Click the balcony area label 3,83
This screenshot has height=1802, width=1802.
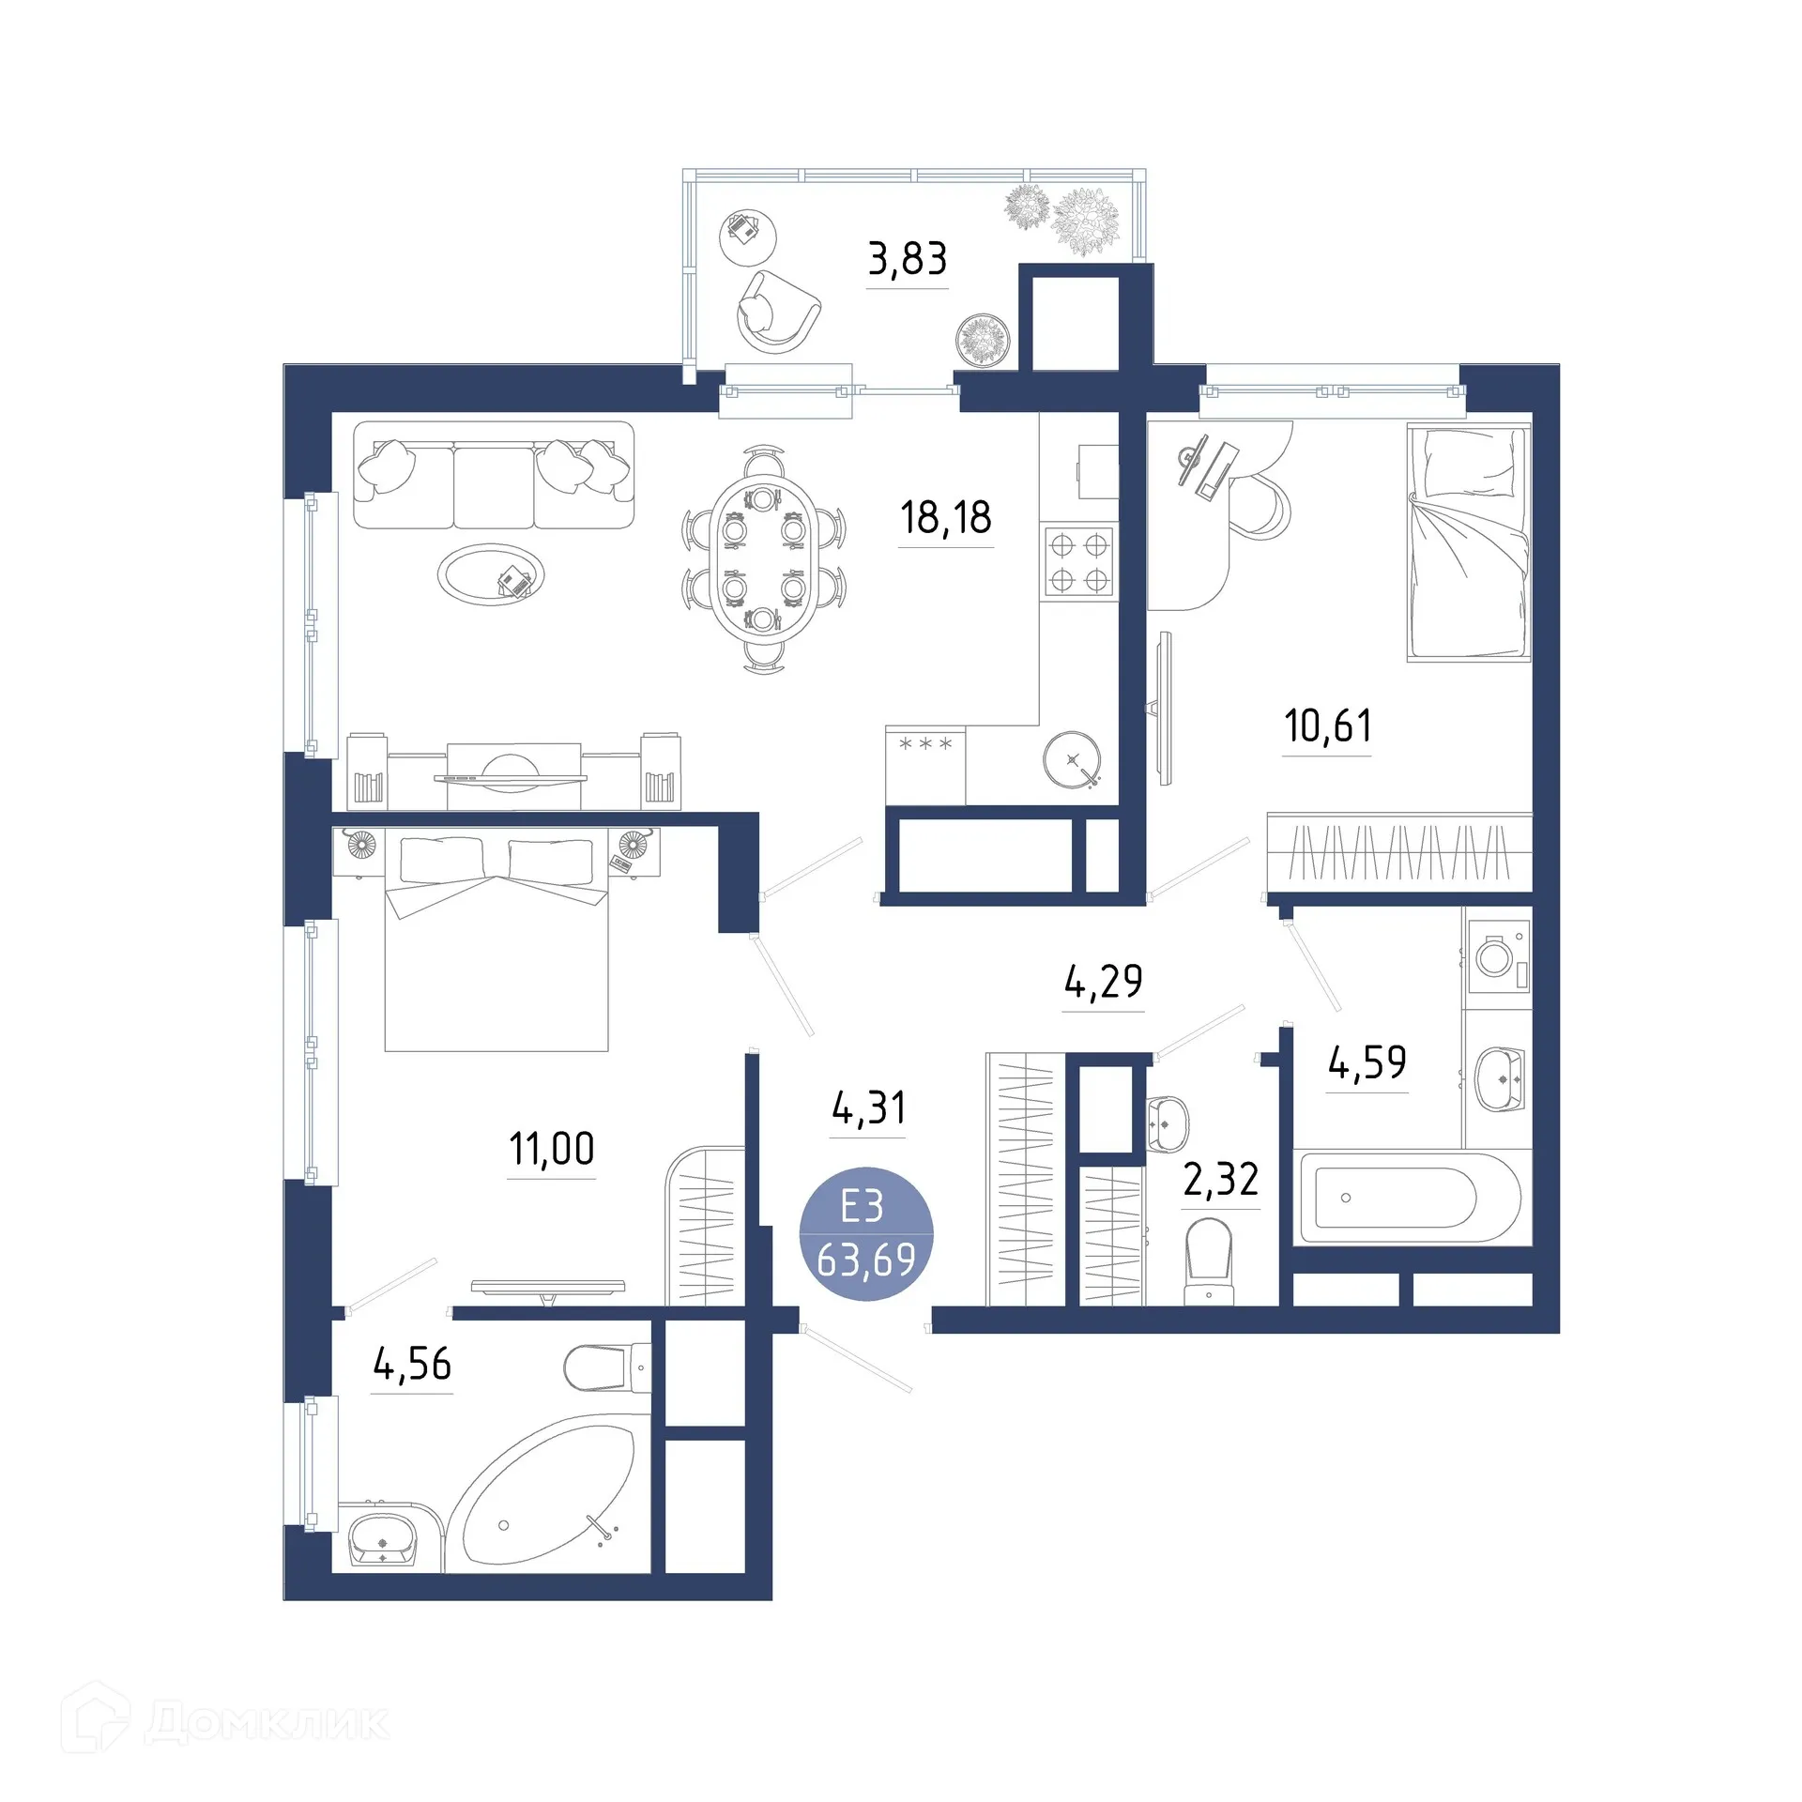pos(907,258)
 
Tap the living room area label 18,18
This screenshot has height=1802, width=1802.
pos(945,517)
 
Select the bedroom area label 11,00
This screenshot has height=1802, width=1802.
pos(551,1148)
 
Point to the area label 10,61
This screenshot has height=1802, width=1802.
pos(1327,725)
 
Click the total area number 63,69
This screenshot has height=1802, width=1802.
pos(865,1260)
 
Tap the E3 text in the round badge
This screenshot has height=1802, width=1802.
pos(862,1207)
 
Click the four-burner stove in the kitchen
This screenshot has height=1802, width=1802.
pos(1078,562)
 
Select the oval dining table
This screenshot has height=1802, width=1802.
pos(763,560)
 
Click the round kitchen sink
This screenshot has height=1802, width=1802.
pos(1072,759)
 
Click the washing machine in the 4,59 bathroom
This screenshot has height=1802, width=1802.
pos(1497,957)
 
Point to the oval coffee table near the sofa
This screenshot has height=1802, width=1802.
pos(490,574)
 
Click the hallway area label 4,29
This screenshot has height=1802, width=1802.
pos(1103,982)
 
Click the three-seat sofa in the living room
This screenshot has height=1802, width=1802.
pos(494,475)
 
